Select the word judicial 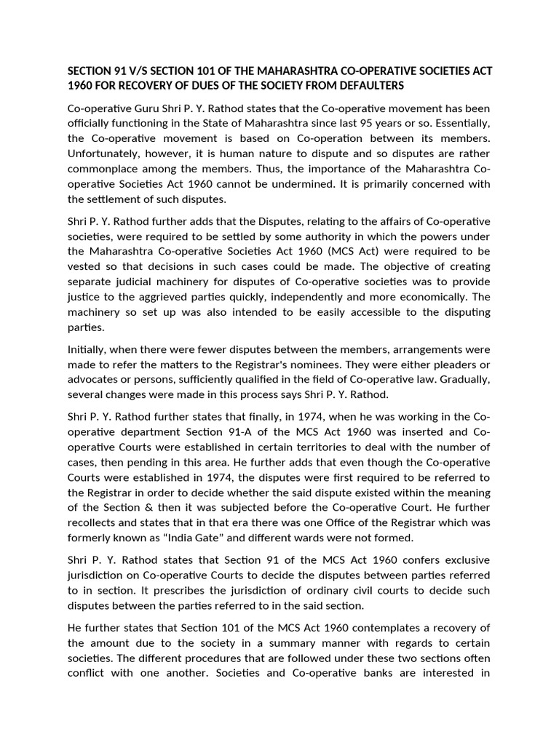point(134,282)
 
